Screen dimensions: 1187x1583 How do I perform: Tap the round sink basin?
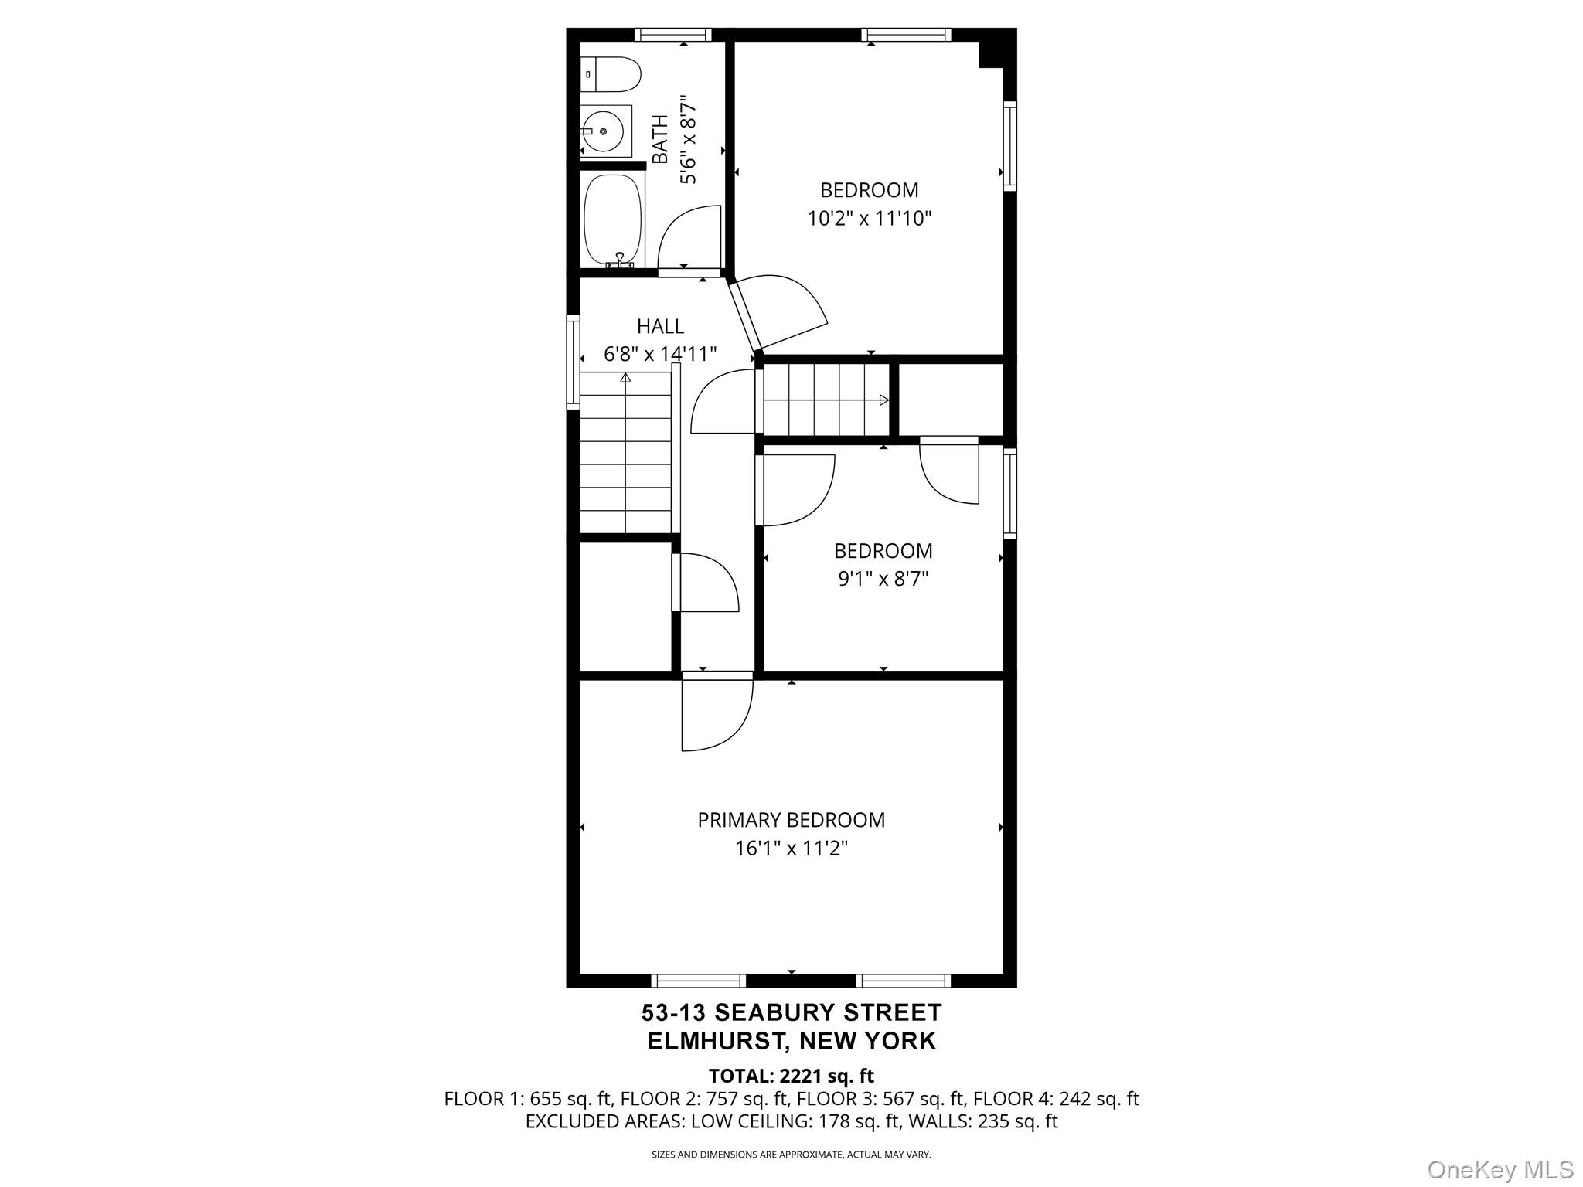click(603, 131)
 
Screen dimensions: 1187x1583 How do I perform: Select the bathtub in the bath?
click(613, 220)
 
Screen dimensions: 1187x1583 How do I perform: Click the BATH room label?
click(660, 140)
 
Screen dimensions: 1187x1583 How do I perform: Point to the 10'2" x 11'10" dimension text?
click(870, 219)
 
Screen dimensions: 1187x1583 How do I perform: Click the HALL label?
click(660, 326)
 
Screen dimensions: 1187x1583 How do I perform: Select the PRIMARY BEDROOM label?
click(791, 820)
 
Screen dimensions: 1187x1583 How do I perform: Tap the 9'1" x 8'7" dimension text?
click(883, 579)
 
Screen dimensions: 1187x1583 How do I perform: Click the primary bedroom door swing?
click(715, 715)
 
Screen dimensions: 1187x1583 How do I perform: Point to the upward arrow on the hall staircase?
click(625, 378)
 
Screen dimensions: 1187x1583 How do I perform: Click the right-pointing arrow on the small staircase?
click(883, 400)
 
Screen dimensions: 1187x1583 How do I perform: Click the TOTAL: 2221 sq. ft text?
click(791, 1076)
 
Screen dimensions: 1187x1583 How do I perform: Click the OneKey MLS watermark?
click(1500, 1169)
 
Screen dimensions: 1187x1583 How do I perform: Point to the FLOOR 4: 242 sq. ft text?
click(1056, 1099)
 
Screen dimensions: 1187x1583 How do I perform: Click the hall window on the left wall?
click(573, 362)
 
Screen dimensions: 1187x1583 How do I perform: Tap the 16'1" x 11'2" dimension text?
click(791, 849)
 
